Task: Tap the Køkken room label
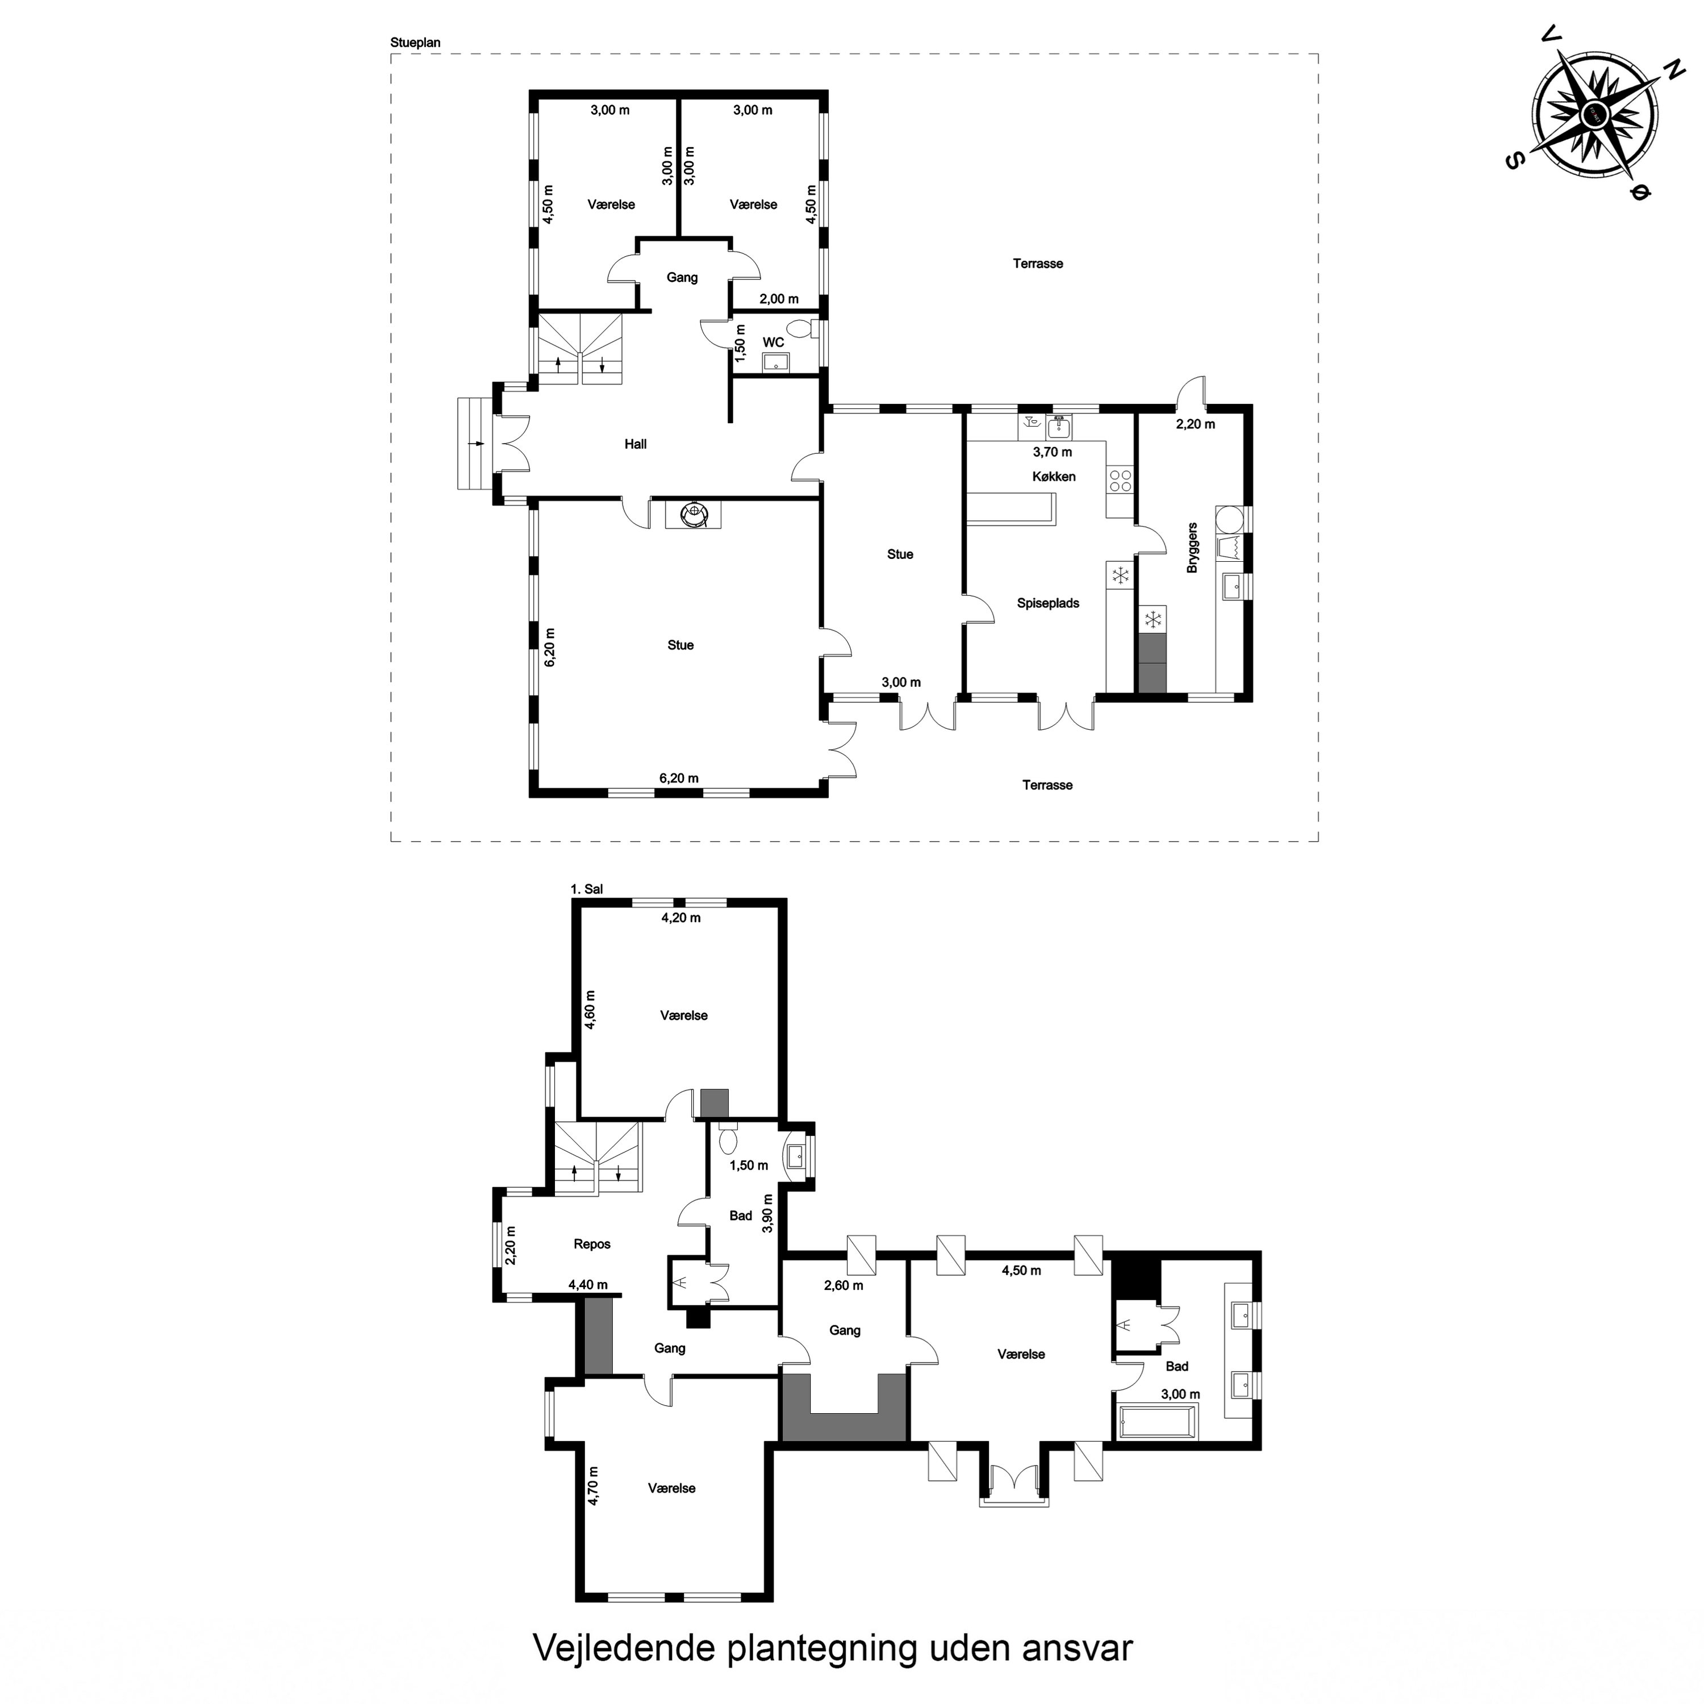point(1054,477)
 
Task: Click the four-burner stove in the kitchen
point(1120,481)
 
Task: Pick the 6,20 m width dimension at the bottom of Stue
point(679,779)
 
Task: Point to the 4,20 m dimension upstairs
point(681,918)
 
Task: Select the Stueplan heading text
point(415,43)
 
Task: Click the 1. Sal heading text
point(587,889)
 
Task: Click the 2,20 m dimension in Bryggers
point(1195,424)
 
